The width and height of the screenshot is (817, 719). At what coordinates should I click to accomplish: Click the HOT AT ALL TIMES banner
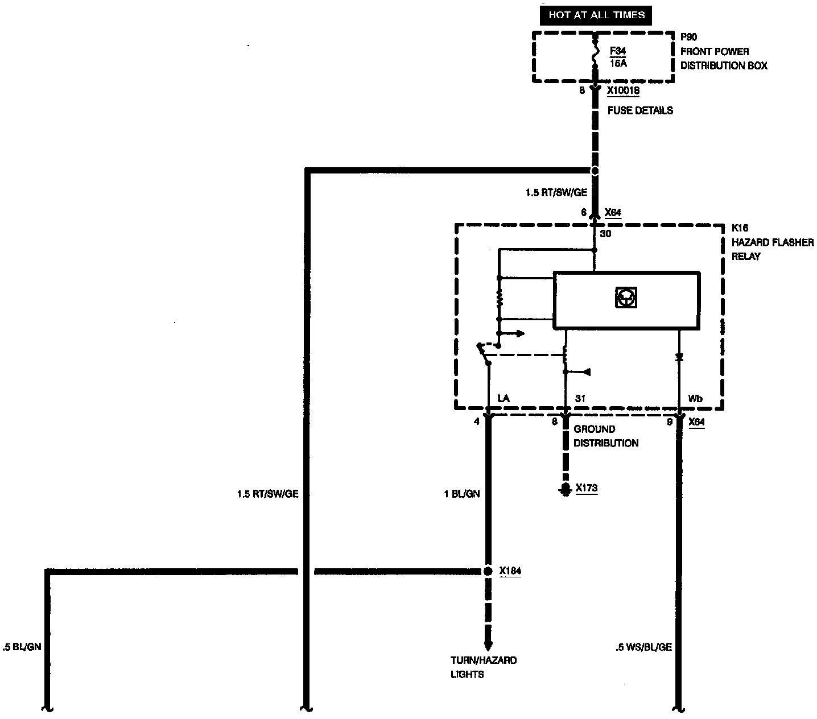(596, 15)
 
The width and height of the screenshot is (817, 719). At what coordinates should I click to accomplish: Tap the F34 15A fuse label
(618, 56)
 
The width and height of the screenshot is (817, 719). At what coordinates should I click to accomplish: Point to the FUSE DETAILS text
(640, 110)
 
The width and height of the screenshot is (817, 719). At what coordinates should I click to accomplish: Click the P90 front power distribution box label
(723, 52)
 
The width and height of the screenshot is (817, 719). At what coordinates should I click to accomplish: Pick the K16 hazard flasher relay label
(772, 242)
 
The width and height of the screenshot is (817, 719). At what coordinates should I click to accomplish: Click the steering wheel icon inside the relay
(626, 297)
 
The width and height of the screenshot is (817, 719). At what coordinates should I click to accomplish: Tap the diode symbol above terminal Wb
(679, 358)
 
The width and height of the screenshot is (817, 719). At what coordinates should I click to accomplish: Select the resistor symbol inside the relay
(500, 298)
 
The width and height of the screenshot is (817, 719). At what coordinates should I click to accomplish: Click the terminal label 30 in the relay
(605, 233)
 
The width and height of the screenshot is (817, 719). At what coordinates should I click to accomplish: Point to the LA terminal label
(503, 399)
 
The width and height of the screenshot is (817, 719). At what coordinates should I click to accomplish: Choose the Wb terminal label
(695, 399)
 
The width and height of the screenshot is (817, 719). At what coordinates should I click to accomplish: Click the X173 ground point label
(587, 487)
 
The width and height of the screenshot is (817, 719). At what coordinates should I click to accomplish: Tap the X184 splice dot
(488, 571)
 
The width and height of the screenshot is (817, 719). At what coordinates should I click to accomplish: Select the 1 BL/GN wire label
(461, 494)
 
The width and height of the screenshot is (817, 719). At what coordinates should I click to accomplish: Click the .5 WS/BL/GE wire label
(643, 647)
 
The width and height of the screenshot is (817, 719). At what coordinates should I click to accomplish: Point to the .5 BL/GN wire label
(22, 647)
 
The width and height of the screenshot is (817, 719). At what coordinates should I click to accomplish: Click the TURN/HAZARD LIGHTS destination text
(484, 667)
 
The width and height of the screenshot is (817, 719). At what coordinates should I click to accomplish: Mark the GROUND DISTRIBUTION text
(605, 436)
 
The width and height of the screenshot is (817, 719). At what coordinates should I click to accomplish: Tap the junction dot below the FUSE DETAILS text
(595, 171)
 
